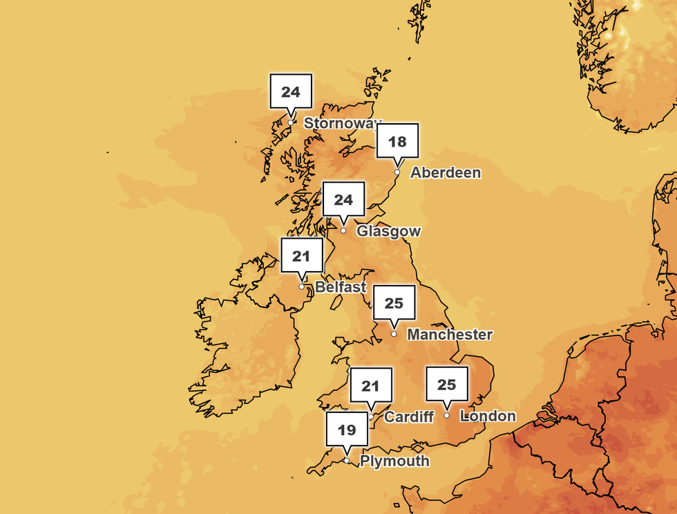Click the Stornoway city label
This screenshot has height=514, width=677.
[x=342, y=124]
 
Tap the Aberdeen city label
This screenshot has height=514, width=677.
[x=446, y=173]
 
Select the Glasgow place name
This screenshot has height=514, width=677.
[x=388, y=231]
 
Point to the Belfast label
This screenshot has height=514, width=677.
[x=341, y=286]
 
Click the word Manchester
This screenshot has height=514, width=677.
[x=450, y=335]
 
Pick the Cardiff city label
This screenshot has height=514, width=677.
[x=409, y=416]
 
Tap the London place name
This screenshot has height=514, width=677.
[x=488, y=416]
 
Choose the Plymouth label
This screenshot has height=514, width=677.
[x=394, y=461]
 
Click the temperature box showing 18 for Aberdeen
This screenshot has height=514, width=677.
[x=397, y=143]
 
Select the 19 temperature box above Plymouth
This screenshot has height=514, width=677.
[x=347, y=430]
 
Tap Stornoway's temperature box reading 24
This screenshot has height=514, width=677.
[x=291, y=91]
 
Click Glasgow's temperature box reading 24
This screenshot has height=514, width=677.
[x=343, y=200]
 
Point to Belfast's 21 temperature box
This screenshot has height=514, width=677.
[x=301, y=256]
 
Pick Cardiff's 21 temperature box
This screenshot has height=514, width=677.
[x=371, y=385]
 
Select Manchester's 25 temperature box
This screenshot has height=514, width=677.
[x=394, y=303]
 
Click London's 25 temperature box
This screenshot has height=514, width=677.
[x=447, y=384]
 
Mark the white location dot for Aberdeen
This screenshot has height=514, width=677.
[x=397, y=172]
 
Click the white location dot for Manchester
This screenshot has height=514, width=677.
[x=394, y=333]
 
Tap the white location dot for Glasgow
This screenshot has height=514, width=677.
[x=343, y=230]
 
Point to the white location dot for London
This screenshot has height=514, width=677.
[x=447, y=415]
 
